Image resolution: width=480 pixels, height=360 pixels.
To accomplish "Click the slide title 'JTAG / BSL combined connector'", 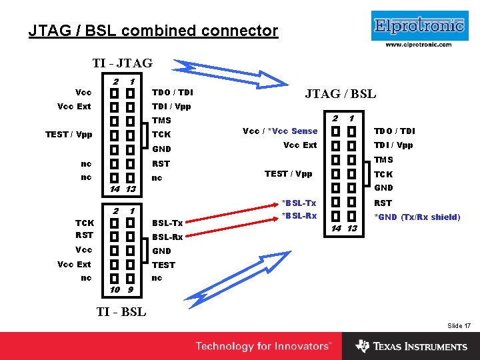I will pyautogui.click(x=153, y=31).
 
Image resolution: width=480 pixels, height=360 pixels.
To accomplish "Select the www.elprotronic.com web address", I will pyautogui.click(x=419, y=45).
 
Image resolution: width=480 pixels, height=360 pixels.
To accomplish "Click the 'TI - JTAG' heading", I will pyautogui.click(x=122, y=63).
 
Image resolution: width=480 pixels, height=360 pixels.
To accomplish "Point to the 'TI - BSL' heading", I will pyautogui.click(x=121, y=311).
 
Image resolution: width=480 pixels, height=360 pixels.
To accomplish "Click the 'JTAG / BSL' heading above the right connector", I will pyautogui.click(x=340, y=93).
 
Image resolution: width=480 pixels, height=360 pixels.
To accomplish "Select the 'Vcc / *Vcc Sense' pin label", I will pyautogui.click(x=280, y=131).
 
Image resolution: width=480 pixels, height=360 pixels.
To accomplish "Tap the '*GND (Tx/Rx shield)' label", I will pyautogui.click(x=417, y=217).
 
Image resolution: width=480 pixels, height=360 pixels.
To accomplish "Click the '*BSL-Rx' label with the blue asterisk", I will pyautogui.click(x=299, y=215).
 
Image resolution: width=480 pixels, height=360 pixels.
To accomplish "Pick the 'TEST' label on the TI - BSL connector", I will pyautogui.click(x=163, y=265).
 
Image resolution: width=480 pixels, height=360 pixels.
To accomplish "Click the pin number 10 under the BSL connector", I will pyautogui.click(x=115, y=290).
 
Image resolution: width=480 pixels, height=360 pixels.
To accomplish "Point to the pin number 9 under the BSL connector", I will pyautogui.click(x=131, y=290).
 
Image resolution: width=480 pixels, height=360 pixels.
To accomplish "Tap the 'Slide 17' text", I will pyautogui.click(x=459, y=325).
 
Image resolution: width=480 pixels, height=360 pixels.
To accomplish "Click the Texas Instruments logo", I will pyautogui.click(x=411, y=346).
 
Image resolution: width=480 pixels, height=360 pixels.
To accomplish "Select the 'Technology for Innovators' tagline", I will pyautogui.click(x=263, y=346).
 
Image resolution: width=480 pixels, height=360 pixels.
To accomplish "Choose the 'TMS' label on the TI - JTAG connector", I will pyautogui.click(x=162, y=121).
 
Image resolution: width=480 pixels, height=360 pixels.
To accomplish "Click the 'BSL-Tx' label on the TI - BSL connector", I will pyautogui.click(x=167, y=223).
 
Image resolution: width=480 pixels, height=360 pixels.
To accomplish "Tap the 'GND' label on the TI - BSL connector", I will pyautogui.click(x=162, y=251).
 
